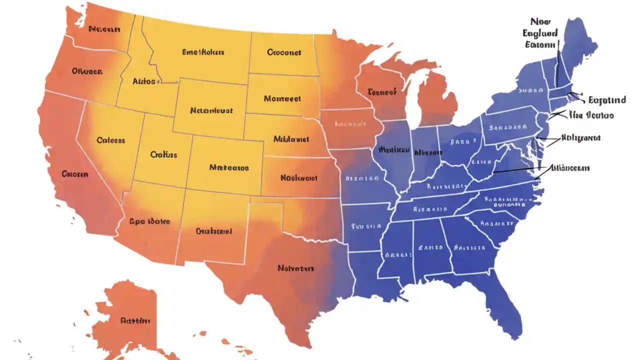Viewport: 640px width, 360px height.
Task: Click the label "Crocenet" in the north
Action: [284, 52]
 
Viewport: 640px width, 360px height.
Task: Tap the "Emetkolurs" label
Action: [203, 52]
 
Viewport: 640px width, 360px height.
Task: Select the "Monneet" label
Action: [282, 98]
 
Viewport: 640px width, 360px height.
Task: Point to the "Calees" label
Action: [110, 140]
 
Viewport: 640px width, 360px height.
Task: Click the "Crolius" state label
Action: [163, 155]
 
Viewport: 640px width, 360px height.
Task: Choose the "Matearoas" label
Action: [229, 167]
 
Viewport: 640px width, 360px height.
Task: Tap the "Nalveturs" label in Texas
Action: [295, 268]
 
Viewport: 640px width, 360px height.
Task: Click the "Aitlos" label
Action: [144, 81]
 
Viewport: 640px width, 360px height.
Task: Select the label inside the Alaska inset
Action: [135, 320]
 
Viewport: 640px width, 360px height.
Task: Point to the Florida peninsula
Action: [505, 305]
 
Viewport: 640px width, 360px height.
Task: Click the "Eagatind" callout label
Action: [607, 100]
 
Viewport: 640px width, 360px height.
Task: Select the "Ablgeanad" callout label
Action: [581, 137]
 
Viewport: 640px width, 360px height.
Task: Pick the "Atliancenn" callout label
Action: [569, 168]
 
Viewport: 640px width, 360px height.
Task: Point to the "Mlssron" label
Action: [428, 152]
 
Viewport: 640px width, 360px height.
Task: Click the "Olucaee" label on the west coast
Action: [87, 71]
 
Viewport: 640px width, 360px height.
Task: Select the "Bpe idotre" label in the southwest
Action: [149, 221]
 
